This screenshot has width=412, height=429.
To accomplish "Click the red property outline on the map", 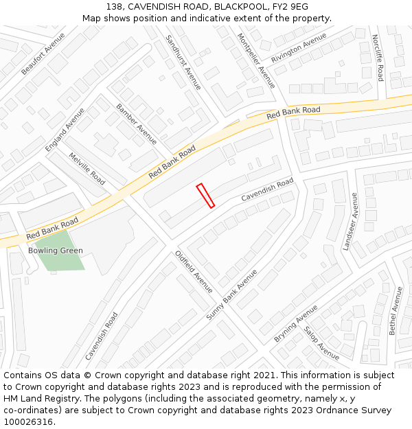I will click(x=205, y=196).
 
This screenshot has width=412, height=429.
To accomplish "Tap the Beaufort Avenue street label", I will click(x=43, y=54).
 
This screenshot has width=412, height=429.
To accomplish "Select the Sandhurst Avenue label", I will click(x=183, y=62).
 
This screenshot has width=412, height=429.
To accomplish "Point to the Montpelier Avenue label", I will click(x=256, y=60).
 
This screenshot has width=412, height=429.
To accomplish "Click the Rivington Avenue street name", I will click(x=299, y=48).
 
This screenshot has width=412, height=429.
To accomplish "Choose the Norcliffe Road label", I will click(x=378, y=58).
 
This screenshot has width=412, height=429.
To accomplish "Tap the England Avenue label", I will click(x=65, y=130).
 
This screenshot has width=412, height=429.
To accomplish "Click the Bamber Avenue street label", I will click(x=136, y=124).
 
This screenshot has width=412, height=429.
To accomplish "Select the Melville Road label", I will click(x=87, y=168).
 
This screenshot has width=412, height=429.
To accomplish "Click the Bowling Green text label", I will click(x=56, y=251).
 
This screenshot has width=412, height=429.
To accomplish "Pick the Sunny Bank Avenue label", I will click(x=231, y=294).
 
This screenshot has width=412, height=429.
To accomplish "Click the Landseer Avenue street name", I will click(x=350, y=222).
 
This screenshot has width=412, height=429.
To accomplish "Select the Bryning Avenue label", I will click(x=296, y=324).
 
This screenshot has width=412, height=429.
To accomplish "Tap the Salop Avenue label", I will click(x=322, y=343).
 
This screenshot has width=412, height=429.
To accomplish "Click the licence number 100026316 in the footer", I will click(x=30, y=422).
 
